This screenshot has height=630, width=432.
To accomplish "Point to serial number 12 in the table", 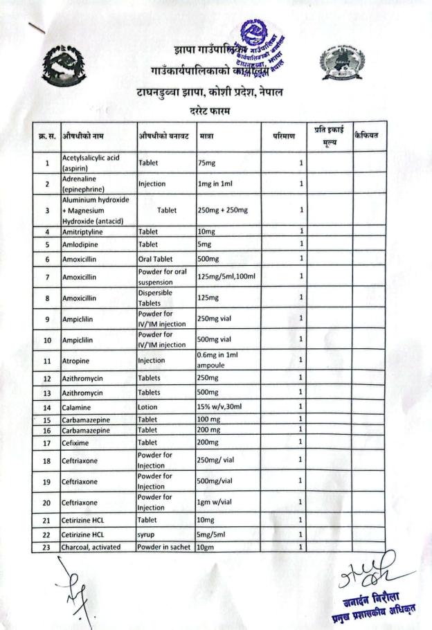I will click(x=47, y=378).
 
